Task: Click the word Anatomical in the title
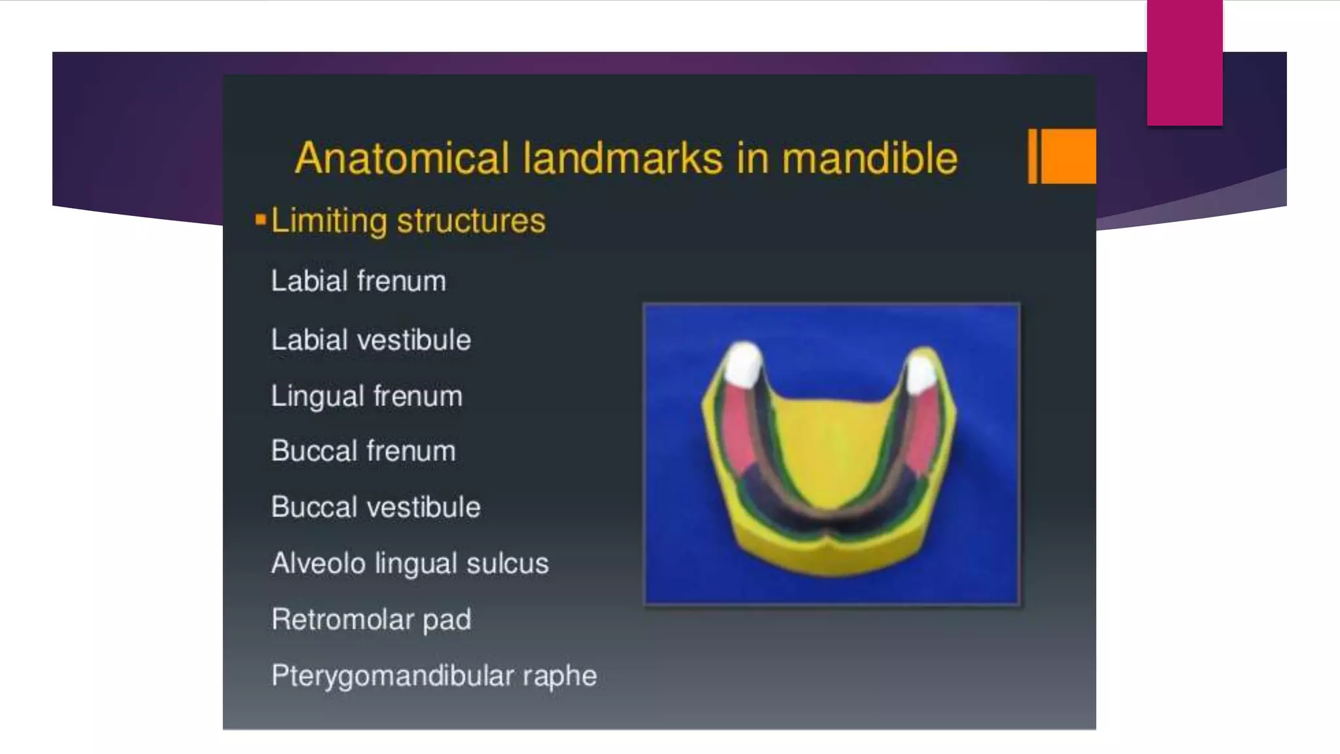coord(402,158)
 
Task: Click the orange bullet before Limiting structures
coord(260,220)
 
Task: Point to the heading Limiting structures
coord(408,221)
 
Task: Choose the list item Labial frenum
coord(359,281)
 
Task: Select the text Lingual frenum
coord(366,397)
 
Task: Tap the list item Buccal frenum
coord(363,452)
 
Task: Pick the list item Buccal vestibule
coord(376,507)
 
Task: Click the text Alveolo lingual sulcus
coord(410,564)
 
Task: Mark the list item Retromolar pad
coord(371,620)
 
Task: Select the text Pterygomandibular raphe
coord(434,676)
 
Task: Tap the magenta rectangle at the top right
coord(1184,62)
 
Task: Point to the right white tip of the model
coord(921,373)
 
